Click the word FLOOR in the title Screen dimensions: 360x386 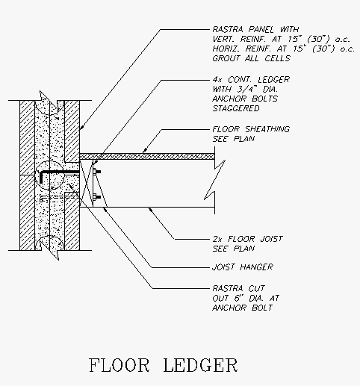click(119, 365)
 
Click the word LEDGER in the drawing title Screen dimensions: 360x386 click(200, 365)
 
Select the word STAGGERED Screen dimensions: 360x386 click(236, 108)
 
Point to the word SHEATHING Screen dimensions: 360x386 click(267, 129)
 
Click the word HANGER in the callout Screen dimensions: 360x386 click(256, 267)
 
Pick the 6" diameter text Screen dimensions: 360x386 click(238, 298)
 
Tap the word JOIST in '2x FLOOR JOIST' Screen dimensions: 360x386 click(271, 239)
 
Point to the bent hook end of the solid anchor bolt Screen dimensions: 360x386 click(41, 177)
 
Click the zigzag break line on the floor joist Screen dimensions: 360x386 click(214, 180)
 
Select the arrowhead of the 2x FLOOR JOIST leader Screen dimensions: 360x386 click(150, 210)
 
